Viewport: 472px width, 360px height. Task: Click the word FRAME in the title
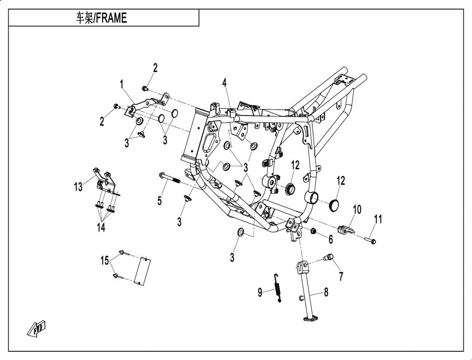click(x=111, y=18)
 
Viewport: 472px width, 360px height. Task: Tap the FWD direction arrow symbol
click(x=37, y=328)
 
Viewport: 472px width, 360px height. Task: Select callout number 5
click(x=159, y=201)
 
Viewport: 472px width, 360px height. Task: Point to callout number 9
click(x=260, y=292)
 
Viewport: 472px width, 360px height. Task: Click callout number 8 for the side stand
click(x=327, y=292)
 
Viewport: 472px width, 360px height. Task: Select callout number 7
click(x=341, y=276)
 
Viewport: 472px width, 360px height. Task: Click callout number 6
click(x=331, y=239)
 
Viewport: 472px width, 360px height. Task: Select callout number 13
click(x=78, y=187)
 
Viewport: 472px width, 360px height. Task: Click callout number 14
click(x=101, y=227)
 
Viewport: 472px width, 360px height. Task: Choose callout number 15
click(x=105, y=260)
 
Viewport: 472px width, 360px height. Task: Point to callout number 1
click(x=121, y=85)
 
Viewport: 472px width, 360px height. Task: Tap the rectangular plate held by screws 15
click(x=143, y=271)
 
